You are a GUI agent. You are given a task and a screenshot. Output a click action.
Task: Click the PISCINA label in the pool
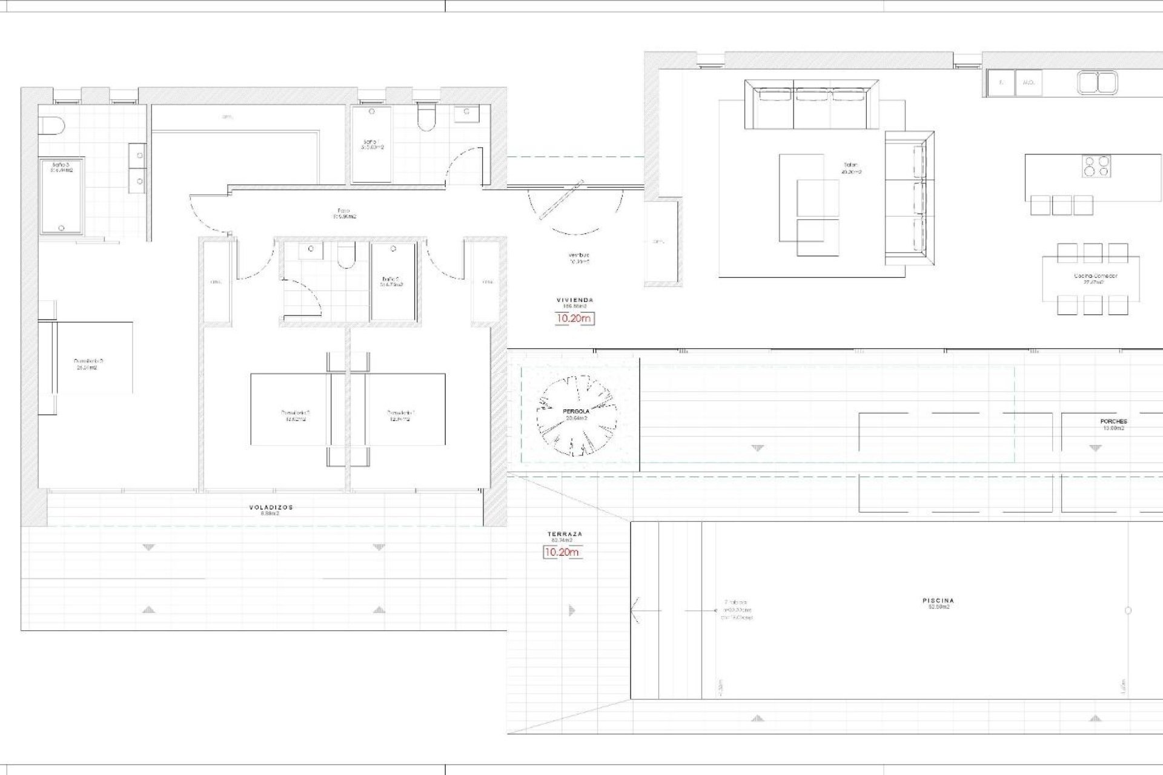(938, 603)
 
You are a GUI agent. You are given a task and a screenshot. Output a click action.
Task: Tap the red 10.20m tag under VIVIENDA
(574, 318)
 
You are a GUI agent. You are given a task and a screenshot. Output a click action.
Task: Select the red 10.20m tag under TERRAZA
(562, 552)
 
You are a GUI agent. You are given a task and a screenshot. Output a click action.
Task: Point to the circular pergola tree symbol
(577, 415)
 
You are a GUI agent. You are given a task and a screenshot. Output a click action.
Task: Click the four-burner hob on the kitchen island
(1097, 166)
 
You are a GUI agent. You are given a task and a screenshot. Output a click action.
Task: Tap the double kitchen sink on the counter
(1097, 83)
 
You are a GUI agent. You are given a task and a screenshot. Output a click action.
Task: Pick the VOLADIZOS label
(271, 510)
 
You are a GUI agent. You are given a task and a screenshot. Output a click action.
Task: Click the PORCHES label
(1113, 424)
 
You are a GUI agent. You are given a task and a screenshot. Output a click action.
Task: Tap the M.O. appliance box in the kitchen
(1027, 82)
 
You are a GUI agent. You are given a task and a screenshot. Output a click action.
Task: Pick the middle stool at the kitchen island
(1062, 205)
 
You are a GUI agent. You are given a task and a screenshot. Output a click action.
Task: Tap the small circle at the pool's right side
(1128, 610)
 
